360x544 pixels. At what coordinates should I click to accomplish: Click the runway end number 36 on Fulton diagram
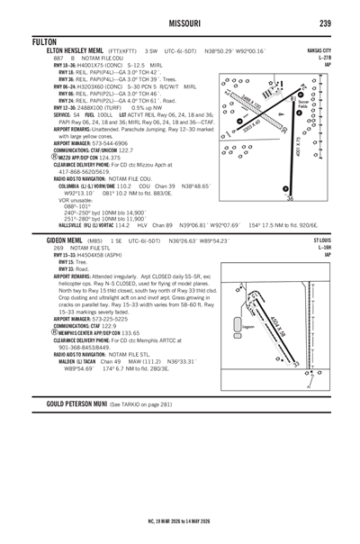click(290, 199)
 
